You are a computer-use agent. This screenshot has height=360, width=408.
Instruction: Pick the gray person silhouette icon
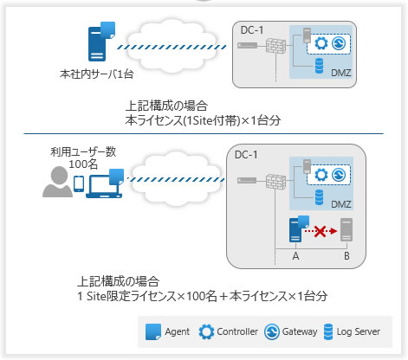coord(58,183)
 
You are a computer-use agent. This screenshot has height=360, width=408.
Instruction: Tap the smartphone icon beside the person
coord(79,184)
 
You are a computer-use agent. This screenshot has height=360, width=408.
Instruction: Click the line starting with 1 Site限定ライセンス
coord(201,295)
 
